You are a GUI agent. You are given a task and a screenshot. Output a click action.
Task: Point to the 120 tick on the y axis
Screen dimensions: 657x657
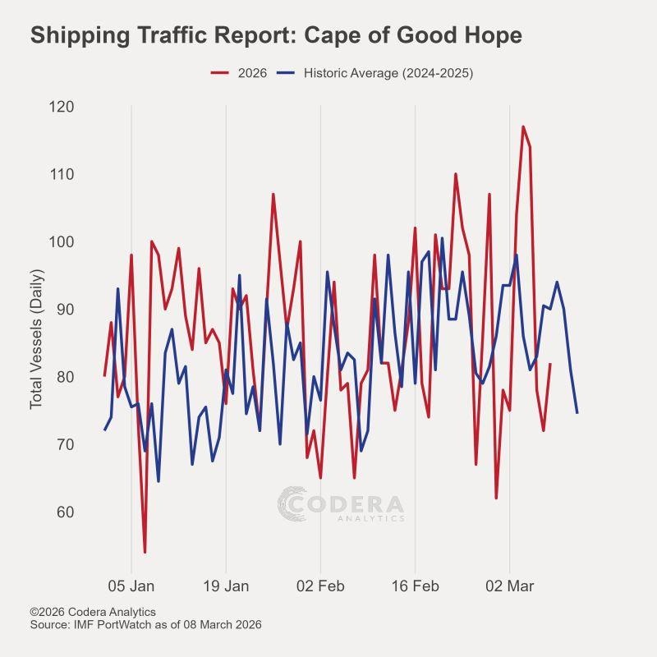pos(62,107)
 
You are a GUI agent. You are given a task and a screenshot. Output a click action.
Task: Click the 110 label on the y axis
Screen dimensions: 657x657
pos(62,174)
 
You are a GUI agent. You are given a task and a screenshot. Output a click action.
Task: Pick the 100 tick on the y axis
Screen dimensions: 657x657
pos(62,242)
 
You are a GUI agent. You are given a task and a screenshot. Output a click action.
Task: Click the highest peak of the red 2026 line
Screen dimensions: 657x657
pos(523,127)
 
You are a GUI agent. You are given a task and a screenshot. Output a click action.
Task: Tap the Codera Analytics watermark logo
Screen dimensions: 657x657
pos(341,504)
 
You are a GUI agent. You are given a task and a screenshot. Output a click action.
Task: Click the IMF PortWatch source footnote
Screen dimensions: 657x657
pos(145,625)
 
